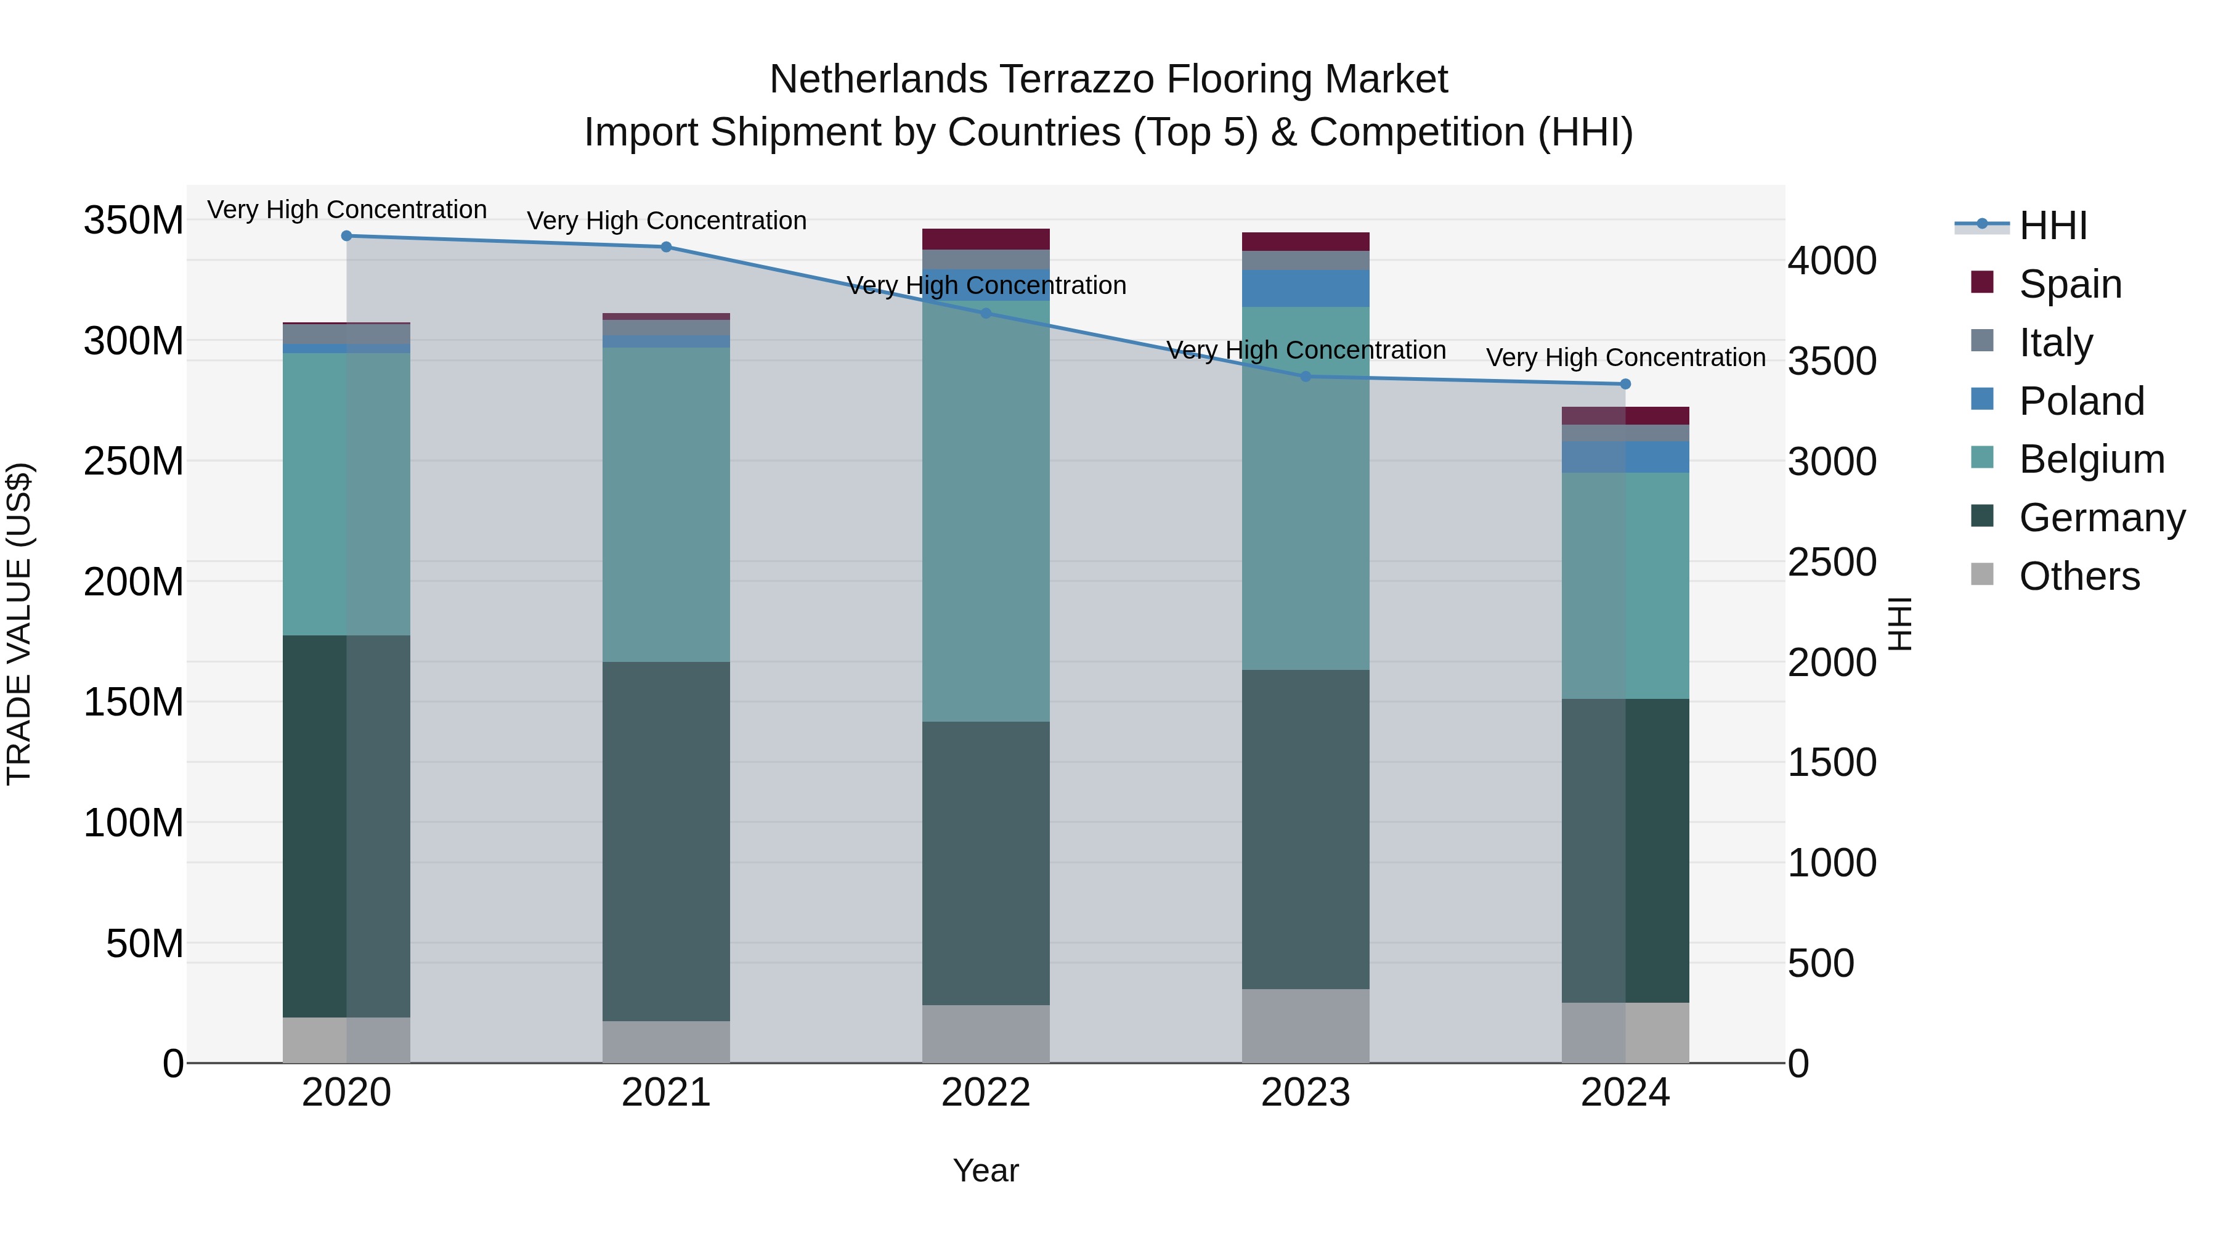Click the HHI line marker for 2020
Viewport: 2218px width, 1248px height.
pos(346,235)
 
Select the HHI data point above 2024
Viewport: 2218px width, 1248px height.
pos(1625,384)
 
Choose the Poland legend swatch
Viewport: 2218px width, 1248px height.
pos(1982,399)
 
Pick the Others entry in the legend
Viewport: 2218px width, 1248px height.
pos(2079,576)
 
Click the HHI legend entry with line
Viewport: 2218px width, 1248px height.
pos(2021,225)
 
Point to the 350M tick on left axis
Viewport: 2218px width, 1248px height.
pos(134,221)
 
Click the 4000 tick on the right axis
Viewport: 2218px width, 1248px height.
pos(1832,260)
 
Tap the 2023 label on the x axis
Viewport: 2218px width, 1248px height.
pos(1306,1093)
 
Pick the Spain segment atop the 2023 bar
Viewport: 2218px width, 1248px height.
pos(1306,241)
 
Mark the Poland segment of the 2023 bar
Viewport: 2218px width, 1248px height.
pos(1306,288)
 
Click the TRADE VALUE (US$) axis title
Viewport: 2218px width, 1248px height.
pos(20,624)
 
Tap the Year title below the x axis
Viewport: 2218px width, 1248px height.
pos(986,1170)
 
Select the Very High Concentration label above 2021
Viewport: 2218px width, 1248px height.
pos(665,221)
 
